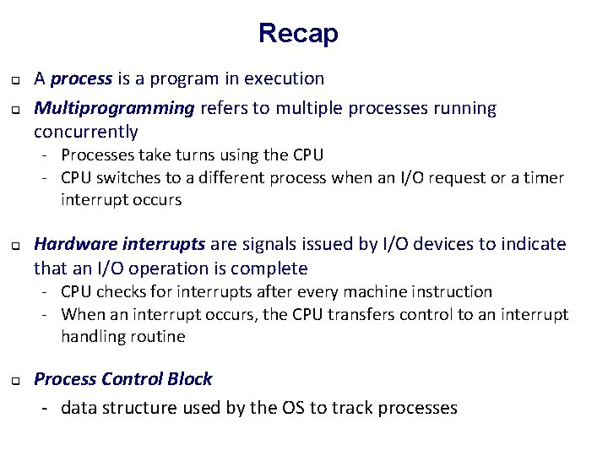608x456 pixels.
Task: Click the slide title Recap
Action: click(298, 34)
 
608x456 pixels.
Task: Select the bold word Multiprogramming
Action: click(113, 108)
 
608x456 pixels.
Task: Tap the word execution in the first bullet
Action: click(285, 79)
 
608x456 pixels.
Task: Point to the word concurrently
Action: click(85, 132)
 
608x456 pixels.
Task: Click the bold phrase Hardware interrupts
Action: click(119, 244)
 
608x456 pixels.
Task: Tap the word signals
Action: click(270, 244)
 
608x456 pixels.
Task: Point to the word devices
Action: click(428, 244)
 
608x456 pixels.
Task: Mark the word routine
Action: click(158, 336)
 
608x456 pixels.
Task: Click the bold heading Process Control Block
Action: click(122, 379)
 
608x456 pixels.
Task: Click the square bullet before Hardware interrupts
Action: click(15, 247)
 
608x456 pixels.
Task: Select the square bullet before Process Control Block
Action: click(15, 382)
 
